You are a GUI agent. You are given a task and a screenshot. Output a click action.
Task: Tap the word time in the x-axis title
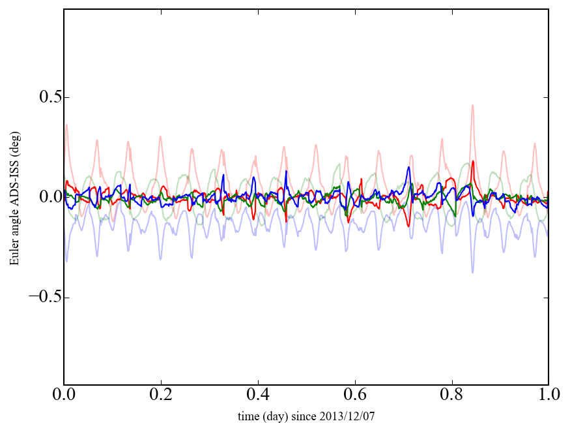coord(247,416)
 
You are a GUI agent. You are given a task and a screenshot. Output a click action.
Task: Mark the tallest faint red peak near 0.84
coord(473,105)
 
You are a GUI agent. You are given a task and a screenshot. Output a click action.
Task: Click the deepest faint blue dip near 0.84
coord(473,272)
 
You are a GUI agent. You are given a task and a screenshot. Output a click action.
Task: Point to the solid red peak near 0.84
coord(473,162)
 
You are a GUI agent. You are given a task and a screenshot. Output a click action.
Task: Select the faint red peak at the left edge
coord(66,125)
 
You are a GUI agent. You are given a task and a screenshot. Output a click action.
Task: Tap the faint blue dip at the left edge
coord(66,262)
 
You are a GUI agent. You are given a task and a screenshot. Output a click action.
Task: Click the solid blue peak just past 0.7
coord(409,167)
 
